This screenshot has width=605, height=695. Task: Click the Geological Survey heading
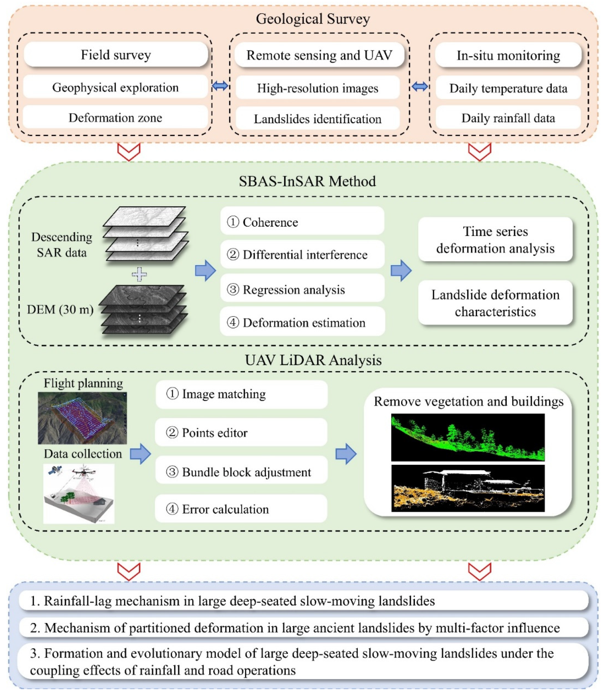click(x=313, y=19)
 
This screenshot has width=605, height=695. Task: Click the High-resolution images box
click(x=317, y=88)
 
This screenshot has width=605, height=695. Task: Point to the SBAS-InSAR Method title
click(x=307, y=181)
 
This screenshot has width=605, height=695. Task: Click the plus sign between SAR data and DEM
click(x=139, y=274)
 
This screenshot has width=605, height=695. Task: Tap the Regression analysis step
click(x=302, y=289)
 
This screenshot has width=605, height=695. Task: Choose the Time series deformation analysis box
click(x=495, y=240)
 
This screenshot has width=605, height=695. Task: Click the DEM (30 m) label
click(x=60, y=309)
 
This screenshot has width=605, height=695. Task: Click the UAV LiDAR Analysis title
click(x=313, y=360)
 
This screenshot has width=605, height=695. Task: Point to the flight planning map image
click(x=82, y=418)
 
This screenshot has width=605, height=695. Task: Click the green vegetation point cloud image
click(x=468, y=437)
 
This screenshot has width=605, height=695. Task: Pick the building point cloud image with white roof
click(x=468, y=488)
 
